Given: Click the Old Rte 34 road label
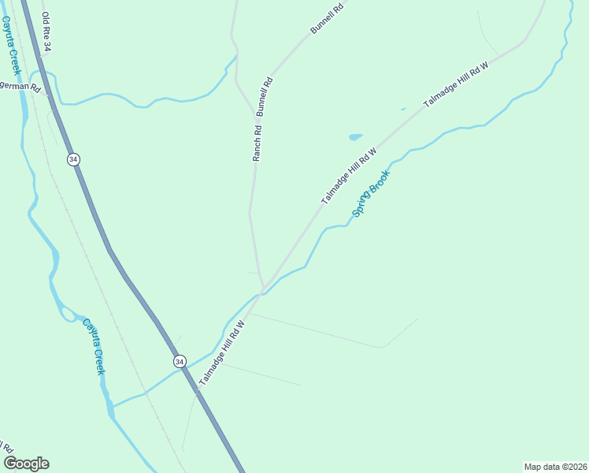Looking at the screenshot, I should coord(46,32).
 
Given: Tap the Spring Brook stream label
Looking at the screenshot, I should coord(371,193).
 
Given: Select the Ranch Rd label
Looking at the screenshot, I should coord(257,141).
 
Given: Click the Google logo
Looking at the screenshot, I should coord(26,463).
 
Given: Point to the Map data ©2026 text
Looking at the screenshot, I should coord(556,467).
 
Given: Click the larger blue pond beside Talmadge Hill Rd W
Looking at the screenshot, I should coord(356,136).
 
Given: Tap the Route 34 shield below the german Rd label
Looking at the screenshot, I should coord(73,159).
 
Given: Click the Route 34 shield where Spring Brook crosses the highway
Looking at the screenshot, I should coord(180,361).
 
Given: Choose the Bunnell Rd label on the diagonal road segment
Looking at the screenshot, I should coord(327,18).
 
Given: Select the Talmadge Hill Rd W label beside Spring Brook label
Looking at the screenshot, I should coord(349,175).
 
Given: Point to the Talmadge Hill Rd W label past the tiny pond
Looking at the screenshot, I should coord(456,85).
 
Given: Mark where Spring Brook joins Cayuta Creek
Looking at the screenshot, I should coord(113,407).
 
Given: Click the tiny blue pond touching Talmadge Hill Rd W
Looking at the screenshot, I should coord(403,109).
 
